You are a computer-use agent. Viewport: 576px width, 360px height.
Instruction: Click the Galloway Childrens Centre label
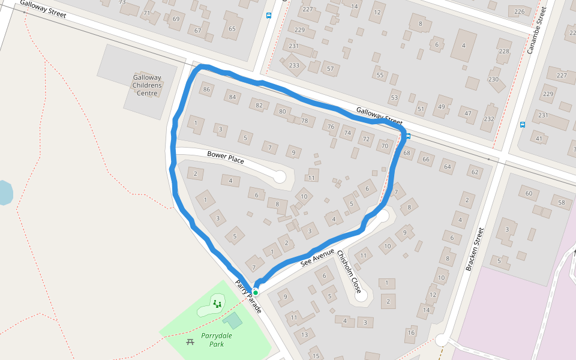click(147, 85)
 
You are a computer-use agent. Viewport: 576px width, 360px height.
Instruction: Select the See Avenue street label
click(317, 256)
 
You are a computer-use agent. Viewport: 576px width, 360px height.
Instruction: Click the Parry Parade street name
click(248, 297)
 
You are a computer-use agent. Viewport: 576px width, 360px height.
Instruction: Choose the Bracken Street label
click(475, 249)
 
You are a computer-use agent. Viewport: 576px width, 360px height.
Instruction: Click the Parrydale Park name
click(217, 340)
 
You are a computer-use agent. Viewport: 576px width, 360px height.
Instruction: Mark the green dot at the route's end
click(256, 292)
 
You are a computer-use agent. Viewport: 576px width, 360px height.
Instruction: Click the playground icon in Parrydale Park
click(217, 304)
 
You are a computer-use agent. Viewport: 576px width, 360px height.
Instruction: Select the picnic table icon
click(190, 341)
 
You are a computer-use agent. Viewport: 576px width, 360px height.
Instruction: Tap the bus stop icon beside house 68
click(409, 136)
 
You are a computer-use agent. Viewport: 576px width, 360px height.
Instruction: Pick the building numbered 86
click(207, 90)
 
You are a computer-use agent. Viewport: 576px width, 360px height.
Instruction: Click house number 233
click(294, 65)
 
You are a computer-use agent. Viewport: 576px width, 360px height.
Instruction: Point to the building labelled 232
click(489, 119)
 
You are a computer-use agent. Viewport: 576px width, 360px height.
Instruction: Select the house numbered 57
click(330, 69)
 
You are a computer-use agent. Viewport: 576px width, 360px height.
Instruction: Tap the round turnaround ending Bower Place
click(280, 176)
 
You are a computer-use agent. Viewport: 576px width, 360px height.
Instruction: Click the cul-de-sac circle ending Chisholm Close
click(361, 295)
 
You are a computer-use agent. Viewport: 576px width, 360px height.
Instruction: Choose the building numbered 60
click(529, 193)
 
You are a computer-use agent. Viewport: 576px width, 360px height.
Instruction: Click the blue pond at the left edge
click(5, 193)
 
